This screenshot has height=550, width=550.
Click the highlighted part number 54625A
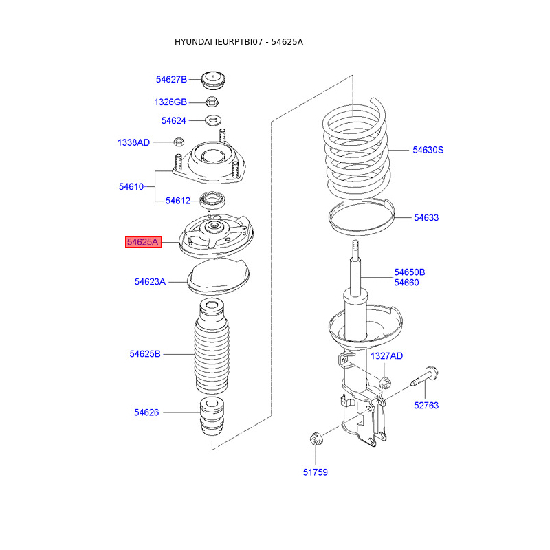pos(143,242)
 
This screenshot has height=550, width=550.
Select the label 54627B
pos(171,79)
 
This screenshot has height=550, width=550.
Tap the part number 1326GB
pos(170,102)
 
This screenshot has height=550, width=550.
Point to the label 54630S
pos(428,150)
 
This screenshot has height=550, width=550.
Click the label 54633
pos(426,218)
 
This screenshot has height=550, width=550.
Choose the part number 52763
pos(426,406)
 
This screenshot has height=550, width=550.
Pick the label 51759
pos(316,472)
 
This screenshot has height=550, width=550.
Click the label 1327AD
pos(387,356)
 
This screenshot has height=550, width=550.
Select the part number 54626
pos(146,412)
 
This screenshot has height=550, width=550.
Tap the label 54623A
pos(150,282)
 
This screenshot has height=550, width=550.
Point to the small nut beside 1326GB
pos(212,102)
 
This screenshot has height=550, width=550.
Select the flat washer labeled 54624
pos(212,121)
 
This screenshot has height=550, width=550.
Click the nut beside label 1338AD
pos(177,143)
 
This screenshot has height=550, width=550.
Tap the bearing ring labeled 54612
pos(212,201)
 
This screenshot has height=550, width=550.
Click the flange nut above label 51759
pos(316,439)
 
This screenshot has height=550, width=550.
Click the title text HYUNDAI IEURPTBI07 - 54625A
pos(239,42)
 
